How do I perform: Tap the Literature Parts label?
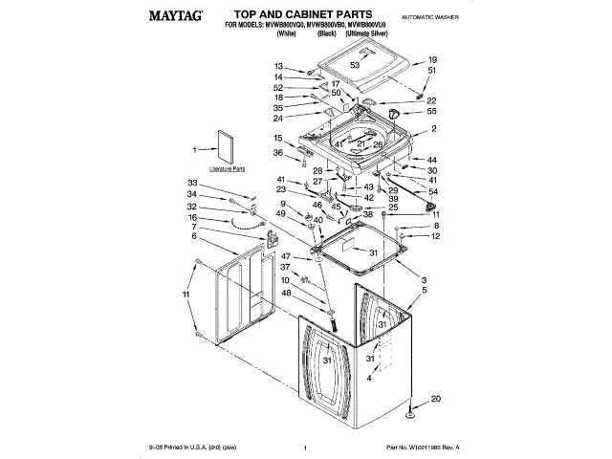click(228, 167)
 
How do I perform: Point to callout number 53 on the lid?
click(354, 65)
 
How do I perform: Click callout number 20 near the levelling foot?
click(436, 399)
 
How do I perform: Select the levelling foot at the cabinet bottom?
click(410, 413)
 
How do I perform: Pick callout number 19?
click(432, 60)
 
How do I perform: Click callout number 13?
click(279, 66)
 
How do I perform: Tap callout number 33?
click(192, 183)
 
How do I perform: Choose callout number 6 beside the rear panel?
click(193, 235)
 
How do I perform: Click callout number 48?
click(285, 294)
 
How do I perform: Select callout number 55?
click(432, 112)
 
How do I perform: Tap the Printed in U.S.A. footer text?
click(187, 447)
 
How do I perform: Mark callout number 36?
click(279, 153)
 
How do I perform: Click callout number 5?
click(425, 290)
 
